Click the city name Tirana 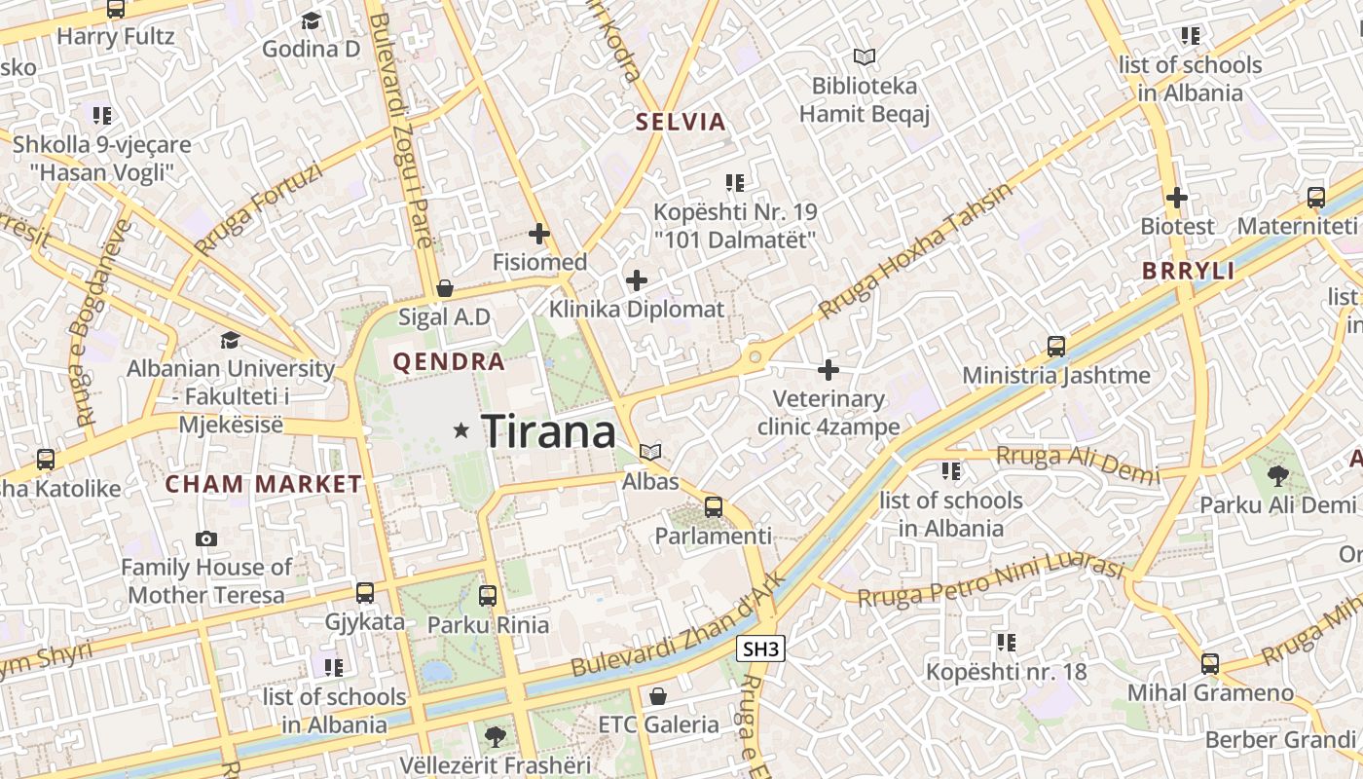tap(549, 430)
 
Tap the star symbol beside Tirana tap(461, 429)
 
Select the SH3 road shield tap(759, 649)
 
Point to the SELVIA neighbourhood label tap(681, 122)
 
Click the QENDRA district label tap(449, 362)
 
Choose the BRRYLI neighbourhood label tap(1189, 271)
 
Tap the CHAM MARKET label tap(263, 483)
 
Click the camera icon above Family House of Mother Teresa tap(206, 538)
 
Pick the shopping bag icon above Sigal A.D tap(445, 288)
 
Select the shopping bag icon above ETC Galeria tap(658, 696)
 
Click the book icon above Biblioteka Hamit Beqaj tap(865, 57)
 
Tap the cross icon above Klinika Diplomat tap(637, 280)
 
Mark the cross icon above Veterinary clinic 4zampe tap(829, 370)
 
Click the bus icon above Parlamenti tap(714, 506)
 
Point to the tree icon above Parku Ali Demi tap(1277, 475)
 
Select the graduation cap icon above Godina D tap(312, 20)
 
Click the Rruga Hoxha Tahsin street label tap(915, 250)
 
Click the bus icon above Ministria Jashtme tap(1056, 346)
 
